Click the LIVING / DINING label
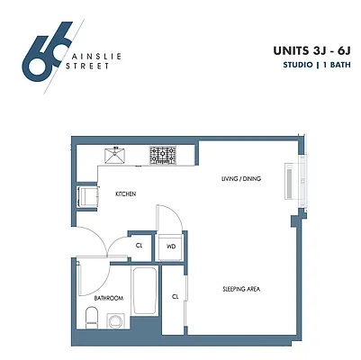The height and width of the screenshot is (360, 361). coord(240,179)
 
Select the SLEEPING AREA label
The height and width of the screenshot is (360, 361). coord(241,289)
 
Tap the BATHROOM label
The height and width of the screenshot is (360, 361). coord(108,297)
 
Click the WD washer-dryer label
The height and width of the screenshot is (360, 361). coord(170,246)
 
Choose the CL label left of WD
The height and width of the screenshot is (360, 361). coord(140,245)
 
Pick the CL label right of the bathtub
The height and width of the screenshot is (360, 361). coord(175,295)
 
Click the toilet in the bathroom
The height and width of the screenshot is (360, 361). coord(90,317)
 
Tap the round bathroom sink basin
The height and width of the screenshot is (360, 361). coord(114,319)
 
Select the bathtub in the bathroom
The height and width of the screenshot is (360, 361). coord(145,291)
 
